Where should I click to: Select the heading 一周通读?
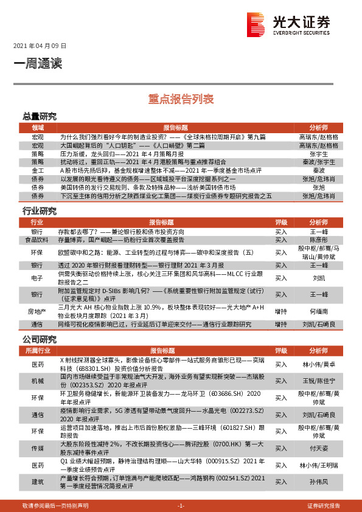[x=37, y=63]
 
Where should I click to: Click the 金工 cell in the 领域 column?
[x=38, y=171]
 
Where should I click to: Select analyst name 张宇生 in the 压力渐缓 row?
[x=318, y=154]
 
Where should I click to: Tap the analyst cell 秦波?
[x=318, y=171]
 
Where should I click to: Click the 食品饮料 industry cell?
[x=38, y=240]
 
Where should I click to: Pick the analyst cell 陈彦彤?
[x=318, y=240]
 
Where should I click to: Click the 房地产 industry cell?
[x=38, y=310]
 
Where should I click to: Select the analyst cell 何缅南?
[x=318, y=310]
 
